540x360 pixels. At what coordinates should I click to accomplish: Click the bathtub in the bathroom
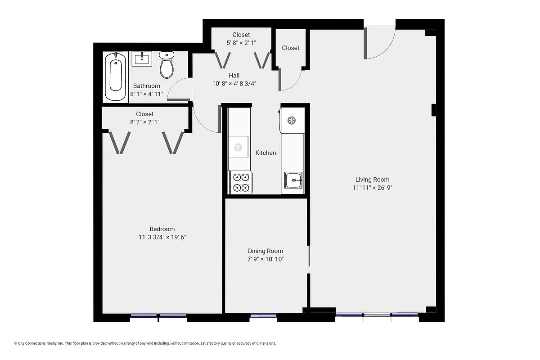tap(116, 77)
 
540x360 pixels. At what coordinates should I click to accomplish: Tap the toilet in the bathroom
tap(166, 65)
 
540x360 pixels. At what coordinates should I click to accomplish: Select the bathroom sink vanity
tap(142, 58)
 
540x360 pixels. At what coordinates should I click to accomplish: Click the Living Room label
tap(372, 180)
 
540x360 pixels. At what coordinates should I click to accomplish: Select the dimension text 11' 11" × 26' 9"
tap(372, 188)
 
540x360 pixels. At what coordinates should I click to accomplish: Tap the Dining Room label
tap(265, 251)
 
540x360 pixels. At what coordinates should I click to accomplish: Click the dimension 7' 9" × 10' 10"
tap(265, 259)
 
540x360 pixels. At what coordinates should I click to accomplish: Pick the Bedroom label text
tap(162, 229)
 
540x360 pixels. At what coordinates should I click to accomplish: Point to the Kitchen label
tap(265, 153)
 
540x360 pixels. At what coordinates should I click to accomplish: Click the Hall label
tap(234, 76)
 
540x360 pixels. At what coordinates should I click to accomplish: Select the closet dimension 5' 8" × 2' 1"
tap(241, 43)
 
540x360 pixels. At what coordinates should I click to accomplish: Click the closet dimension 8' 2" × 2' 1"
tap(144, 122)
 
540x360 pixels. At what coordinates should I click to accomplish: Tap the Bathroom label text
tap(146, 86)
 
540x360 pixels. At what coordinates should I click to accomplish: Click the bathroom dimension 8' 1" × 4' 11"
tap(146, 94)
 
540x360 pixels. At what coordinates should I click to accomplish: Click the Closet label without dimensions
tap(290, 48)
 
